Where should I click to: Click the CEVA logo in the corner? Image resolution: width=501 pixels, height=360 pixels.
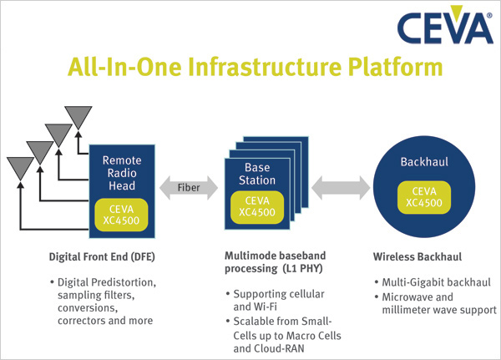pos(445,25)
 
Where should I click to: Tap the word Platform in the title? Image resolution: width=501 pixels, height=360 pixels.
pos(395,67)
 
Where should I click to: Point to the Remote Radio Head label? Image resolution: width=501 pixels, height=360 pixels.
pos(122,173)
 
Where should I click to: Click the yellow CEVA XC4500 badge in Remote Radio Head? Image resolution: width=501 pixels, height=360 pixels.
pos(121,215)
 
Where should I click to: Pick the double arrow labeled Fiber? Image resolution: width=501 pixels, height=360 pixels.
pos(189,188)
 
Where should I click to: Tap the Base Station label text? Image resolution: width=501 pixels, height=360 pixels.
pos(257,174)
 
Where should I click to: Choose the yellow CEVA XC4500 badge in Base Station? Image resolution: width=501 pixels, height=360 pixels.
pos(257,207)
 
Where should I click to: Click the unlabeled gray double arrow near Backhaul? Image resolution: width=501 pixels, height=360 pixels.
pos(341,188)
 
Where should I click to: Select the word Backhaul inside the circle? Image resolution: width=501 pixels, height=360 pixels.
pos(424,162)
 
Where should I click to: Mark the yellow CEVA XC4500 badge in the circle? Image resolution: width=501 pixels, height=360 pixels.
pos(424,197)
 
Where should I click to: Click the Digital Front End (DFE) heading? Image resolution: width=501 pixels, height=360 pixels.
pos(102,257)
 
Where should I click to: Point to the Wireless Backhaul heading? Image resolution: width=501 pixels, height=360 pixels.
pos(417,256)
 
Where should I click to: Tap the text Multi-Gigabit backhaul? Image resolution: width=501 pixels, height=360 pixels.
pos(436,282)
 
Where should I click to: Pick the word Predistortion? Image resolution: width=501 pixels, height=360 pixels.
pos(124,282)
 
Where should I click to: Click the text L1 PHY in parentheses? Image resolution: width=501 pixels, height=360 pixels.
pos(302,269)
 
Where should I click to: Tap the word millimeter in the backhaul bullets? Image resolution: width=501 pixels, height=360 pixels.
pos(405,310)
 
